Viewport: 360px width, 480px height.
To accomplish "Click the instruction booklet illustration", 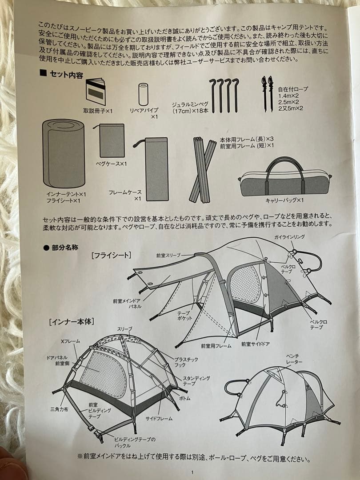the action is (96, 92).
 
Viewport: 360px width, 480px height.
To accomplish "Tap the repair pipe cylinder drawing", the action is (143, 94).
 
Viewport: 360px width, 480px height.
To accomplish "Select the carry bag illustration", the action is (285, 177).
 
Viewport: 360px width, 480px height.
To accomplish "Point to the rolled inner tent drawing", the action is (64, 153).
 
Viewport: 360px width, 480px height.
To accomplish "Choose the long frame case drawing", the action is (156, 169).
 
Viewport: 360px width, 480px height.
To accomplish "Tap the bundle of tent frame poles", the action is (202, 170).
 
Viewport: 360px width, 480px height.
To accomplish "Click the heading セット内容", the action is (66, 75).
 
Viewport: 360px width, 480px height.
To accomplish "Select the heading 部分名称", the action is (65, 248).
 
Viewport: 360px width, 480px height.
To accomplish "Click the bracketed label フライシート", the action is (111, 255).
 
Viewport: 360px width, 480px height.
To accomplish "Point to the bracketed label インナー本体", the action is (71, 322).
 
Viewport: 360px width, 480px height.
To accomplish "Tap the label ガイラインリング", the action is (290, 237).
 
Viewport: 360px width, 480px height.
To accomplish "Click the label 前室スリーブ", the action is (168, 255).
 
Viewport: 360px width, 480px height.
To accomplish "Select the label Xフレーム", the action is (70, 341).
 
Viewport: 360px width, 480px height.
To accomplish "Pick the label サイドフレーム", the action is (159, 419).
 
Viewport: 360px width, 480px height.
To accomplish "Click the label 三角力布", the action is (60, 409).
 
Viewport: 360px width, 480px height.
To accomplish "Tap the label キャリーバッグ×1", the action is (285, 200).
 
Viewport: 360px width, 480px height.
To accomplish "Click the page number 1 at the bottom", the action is (192, 472).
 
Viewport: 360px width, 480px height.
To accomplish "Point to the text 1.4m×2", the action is (289, 96).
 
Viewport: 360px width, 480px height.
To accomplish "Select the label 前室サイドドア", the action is (255, 344).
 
